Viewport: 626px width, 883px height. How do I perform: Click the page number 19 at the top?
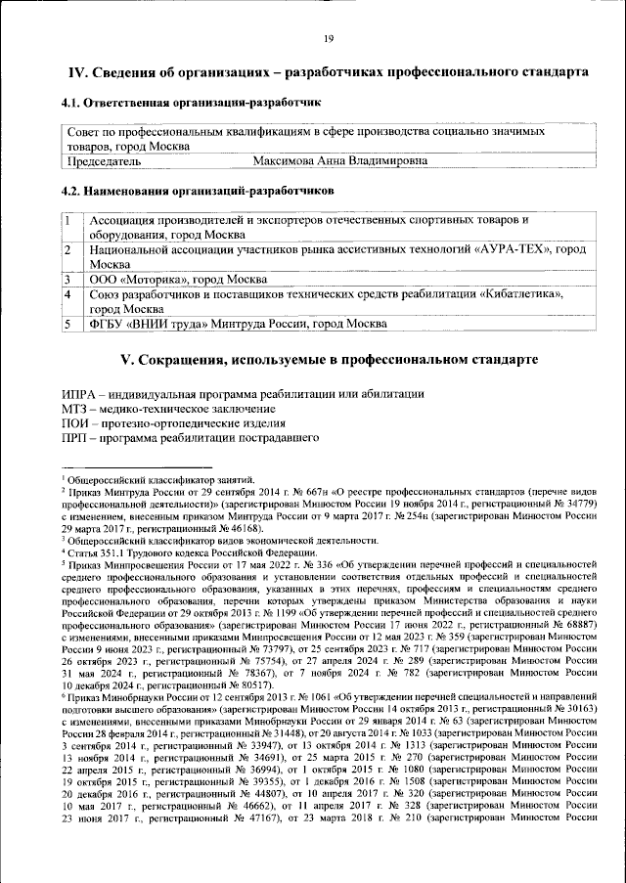pos(328,38)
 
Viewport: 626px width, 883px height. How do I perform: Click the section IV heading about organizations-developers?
pos(328,73)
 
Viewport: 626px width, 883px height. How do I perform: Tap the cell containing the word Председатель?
pos(104,160)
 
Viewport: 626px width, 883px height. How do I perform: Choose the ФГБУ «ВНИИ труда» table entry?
pos(233,323)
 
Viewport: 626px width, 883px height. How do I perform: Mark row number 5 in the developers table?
pos(70,323)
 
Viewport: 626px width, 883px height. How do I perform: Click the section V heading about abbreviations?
pos(328,359)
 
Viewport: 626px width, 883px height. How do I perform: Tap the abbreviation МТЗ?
pos(75,408)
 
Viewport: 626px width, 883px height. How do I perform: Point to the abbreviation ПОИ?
pos(75,423)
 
